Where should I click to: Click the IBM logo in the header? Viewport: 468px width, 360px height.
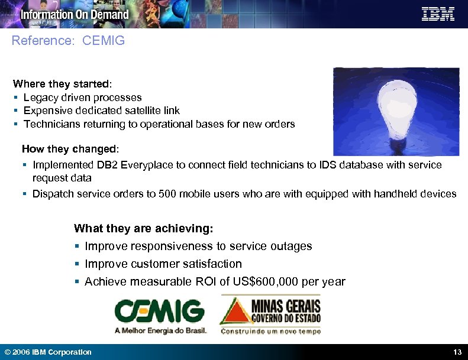(438, 14)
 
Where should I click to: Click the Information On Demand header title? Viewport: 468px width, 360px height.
(75, 15)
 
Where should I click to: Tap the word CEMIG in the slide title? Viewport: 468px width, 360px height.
(104, 41)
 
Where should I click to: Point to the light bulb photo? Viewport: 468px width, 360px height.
(396, 111)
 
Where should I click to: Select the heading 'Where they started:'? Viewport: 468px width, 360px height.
(57, 84)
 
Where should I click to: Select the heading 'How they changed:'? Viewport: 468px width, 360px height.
(70, 148)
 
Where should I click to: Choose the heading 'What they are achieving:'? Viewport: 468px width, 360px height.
(144, 228)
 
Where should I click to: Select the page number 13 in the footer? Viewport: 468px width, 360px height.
(457, 352)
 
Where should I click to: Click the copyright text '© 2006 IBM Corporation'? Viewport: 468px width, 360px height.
(48, 352)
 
